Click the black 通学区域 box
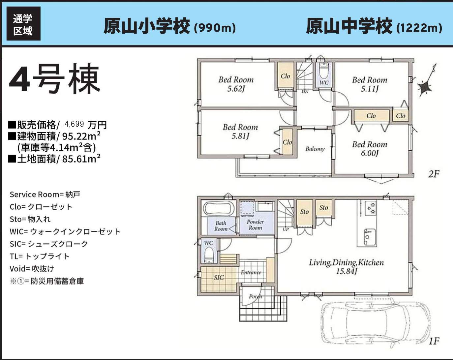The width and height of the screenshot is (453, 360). click(24, 23)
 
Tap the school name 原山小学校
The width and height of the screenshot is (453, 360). click(147, 26)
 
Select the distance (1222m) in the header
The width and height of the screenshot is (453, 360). click(419, 28)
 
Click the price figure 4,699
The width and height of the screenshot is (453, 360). click(74, 124)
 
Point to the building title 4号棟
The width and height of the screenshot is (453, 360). click(54, 78)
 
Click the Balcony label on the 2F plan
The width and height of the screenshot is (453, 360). click(315, 149)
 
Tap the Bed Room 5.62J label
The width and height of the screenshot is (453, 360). click(236, 84)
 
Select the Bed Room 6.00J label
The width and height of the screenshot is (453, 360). click(370, 149)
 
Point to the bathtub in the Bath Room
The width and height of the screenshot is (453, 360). click(219, 209)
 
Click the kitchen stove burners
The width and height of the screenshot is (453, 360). click(371, 208)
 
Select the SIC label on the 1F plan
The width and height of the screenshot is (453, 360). click(219, 278)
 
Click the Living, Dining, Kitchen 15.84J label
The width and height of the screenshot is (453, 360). click(346, 267)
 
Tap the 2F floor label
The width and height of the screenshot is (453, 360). click(434, 174)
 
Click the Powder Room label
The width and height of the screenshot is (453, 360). click(255, 225)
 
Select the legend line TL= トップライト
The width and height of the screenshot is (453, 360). click(39, 256)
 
